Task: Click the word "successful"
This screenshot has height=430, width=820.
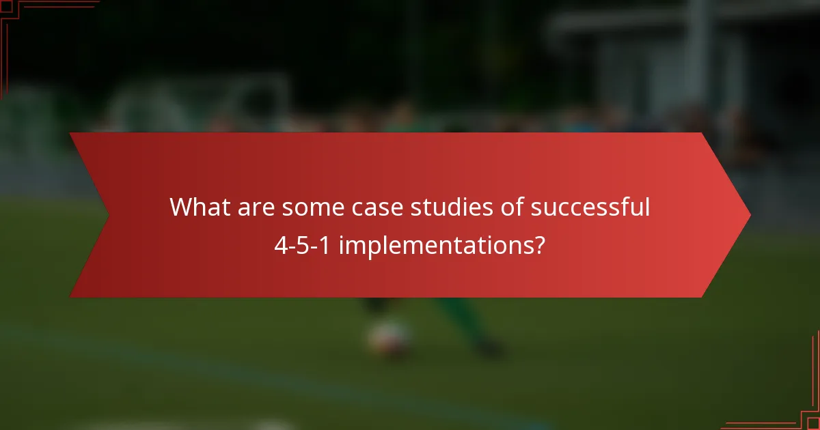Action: [x=587, y=207]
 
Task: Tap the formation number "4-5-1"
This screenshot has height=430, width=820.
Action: [x=302, y=245]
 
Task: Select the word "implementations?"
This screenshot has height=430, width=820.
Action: [x=441, y=245]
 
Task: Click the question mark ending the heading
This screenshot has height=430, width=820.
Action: [x=540, y=245]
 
